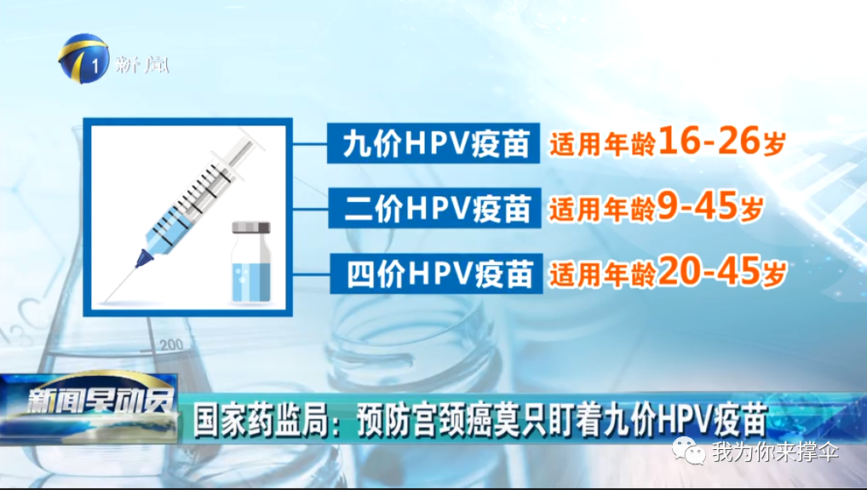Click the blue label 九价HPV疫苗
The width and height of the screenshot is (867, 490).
tap(433, 143)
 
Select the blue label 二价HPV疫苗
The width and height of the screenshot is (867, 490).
tap(434, 208)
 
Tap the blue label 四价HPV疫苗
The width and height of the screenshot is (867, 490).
tap(436, 274)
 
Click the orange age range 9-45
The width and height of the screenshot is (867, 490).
tap(698, 206)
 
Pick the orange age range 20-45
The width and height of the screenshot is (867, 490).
tap(710, 271)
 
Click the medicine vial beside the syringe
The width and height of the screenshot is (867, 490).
tap(251, 262)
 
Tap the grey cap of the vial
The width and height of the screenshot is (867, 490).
tap(251, 228)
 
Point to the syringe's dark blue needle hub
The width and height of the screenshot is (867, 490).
tap(144, 257)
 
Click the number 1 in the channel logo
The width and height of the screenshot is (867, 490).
tap(95, 67)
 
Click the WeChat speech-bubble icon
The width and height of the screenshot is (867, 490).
tap(688, 451)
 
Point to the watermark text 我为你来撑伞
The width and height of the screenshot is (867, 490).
tap(776, 452)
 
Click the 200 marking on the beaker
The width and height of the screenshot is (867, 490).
tap(171, 345)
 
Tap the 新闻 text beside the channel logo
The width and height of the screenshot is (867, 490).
tap(142, 66)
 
